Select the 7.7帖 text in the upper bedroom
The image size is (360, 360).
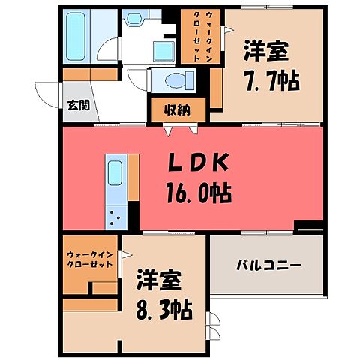[271, 79]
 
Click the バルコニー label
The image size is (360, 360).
[268, 265]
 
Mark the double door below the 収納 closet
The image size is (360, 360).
[172, 129]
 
